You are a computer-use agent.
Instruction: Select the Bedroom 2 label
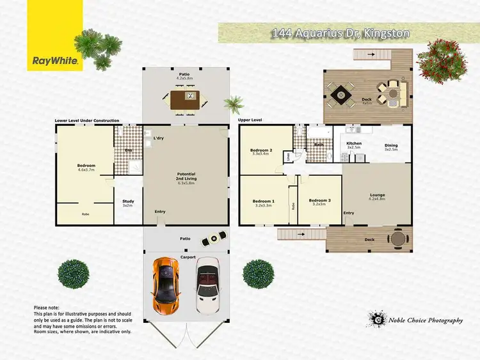[262, 151]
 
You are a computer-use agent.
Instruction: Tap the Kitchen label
[354, 144]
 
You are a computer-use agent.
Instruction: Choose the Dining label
[391, 144]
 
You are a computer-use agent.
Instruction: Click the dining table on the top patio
[186, 99]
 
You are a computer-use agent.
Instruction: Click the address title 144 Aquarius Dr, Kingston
[340, 33]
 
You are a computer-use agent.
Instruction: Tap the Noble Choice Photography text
[425, 320]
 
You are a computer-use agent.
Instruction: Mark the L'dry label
[159, 139]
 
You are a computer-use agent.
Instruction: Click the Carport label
[187, 256]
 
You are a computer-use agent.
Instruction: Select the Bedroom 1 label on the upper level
[263, 201]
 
